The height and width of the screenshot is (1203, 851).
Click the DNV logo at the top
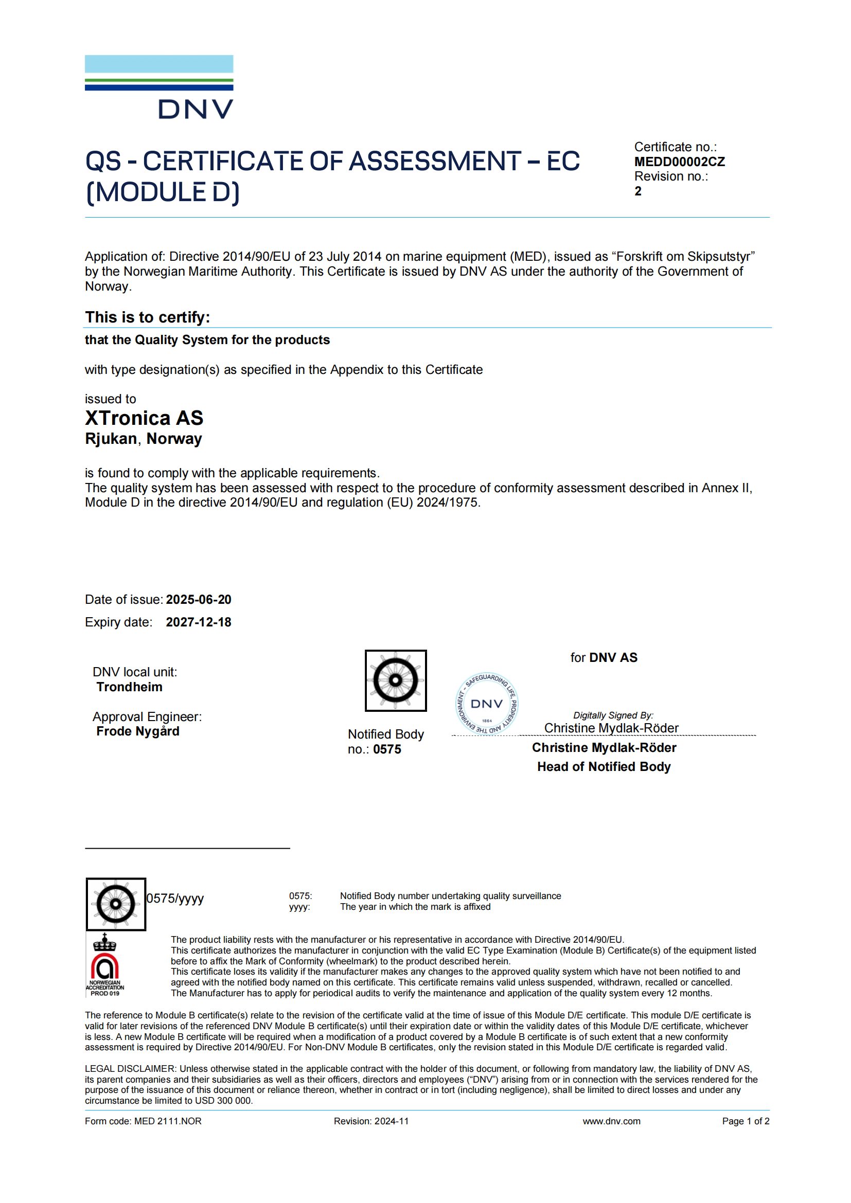(159, 87)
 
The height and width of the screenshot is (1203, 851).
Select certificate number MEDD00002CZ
(679, 162)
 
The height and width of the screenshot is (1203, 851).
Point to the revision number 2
(637, 191)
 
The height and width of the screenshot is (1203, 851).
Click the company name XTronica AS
(144, 418)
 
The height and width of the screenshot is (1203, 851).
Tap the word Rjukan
(111, 439)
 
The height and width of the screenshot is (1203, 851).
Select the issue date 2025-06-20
(199, 599)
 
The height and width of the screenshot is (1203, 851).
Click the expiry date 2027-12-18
(199, 622)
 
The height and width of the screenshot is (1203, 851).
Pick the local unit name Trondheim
(130, 687)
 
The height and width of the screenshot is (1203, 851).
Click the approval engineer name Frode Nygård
(138, 731)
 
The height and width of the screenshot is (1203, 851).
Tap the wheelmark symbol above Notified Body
(396, 680)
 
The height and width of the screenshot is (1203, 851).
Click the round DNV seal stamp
(487, 704)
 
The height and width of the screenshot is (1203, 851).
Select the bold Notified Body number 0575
(387, 750)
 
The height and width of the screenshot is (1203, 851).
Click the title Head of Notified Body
(604, 767)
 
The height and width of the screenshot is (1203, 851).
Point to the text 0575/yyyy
(175, 899)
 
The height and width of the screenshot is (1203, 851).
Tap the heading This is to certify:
(148, 317)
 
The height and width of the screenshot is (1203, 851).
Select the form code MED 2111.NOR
(168, 1121)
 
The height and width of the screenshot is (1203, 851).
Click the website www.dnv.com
(611, 1121)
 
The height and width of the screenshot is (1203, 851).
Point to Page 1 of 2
(745, 1121)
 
